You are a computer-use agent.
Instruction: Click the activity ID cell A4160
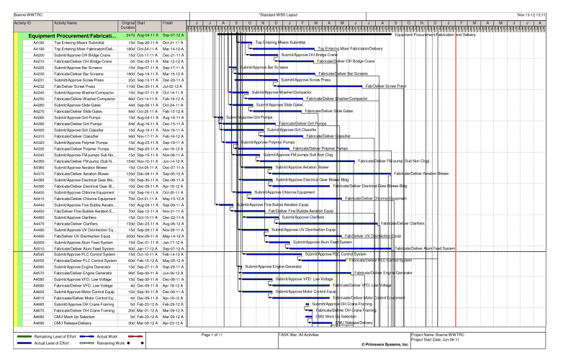click(x=40, y=42)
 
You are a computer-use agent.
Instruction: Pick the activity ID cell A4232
click(x=40, y=86)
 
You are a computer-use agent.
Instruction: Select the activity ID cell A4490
click(x=40, y=235)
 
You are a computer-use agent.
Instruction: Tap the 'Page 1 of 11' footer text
click(x=217, y=335)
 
